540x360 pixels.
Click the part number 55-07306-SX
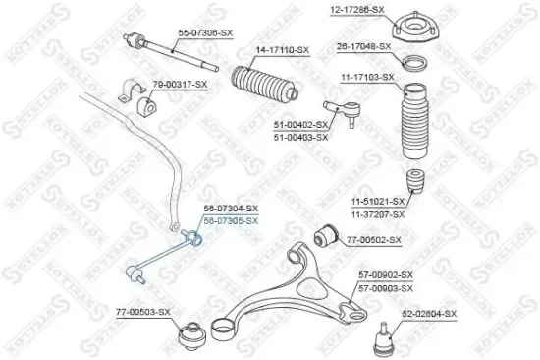[x=204, y=32]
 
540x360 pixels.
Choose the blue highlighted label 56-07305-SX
[x=232, y=221]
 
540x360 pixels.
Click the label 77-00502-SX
[x=374, y=240]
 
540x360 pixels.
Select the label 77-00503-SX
[x=142, y=312]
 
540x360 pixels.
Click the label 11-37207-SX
[x=378, y=213]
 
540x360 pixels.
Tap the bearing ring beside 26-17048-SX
[x=414, y=63]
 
